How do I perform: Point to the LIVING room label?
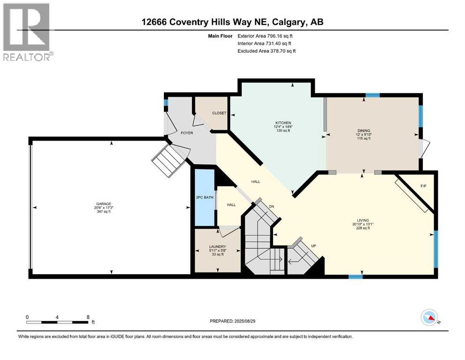(363, 220)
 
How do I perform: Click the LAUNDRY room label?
(218, 247)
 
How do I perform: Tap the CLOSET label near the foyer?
(219, 113)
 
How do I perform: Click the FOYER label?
(187, 133)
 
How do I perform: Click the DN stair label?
(271, 206)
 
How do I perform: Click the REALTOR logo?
(27, 32)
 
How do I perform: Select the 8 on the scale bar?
(88, 316)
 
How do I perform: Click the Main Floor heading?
(221, 36)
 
